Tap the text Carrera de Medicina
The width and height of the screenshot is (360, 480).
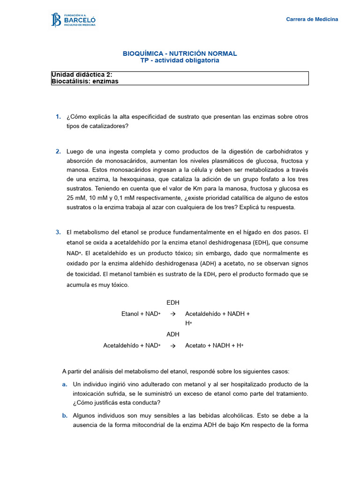pyautogui.click(x=312, y=19)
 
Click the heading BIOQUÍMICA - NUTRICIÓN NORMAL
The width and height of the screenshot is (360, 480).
pyautogui.click(x=180, y=53)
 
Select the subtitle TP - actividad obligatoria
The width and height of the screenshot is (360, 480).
pyautogui.click(x=180, y=60)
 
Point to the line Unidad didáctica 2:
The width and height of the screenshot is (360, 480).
pyautogui.click(x=82, y=75)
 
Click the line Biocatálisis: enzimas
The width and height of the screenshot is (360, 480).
pyautogui.click(x=85, y=81)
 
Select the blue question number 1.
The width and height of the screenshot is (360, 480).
pyautogui.click(x=58, y=116)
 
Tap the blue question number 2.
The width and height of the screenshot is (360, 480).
pyautogui.click(x=58, y=151)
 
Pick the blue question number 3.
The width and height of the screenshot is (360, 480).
pyautogui.click(x=58, y=232)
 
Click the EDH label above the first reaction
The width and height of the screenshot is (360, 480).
pyautogui.click(x=173, y=303)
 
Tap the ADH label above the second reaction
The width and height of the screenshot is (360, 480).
pyautogui.click(x=173, y=334)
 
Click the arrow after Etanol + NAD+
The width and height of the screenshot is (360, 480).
pyautogui.click(x=172, y=314)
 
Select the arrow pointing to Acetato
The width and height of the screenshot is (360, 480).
pyautogui.click(x=172, y=345)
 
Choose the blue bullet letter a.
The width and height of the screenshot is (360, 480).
pyautogui.click(x=65, y=384)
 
